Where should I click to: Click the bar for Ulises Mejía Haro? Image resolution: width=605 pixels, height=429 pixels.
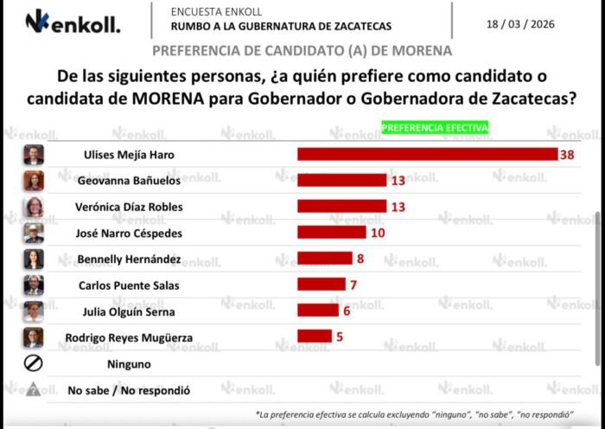click(427, 154)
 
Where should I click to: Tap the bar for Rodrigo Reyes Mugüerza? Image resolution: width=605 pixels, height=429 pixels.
click(315, 336)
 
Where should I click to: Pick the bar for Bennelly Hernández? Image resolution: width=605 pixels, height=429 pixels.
click(325, 258)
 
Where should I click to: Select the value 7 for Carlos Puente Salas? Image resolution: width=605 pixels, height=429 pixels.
click(353, 284)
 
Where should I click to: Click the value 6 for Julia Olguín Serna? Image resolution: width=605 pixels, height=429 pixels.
click(347, 310)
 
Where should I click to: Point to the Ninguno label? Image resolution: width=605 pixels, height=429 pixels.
click(129, 364)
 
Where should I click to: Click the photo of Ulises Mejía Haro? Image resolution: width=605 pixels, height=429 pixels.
click(34, 155)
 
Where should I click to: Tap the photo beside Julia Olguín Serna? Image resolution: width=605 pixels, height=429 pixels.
click(34, 311)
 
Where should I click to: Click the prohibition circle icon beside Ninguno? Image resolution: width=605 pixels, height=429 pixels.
click(33, 364)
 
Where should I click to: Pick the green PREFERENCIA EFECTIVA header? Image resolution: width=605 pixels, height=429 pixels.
click(435, 127)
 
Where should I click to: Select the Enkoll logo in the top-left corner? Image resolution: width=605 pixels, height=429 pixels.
click(72, 21)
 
